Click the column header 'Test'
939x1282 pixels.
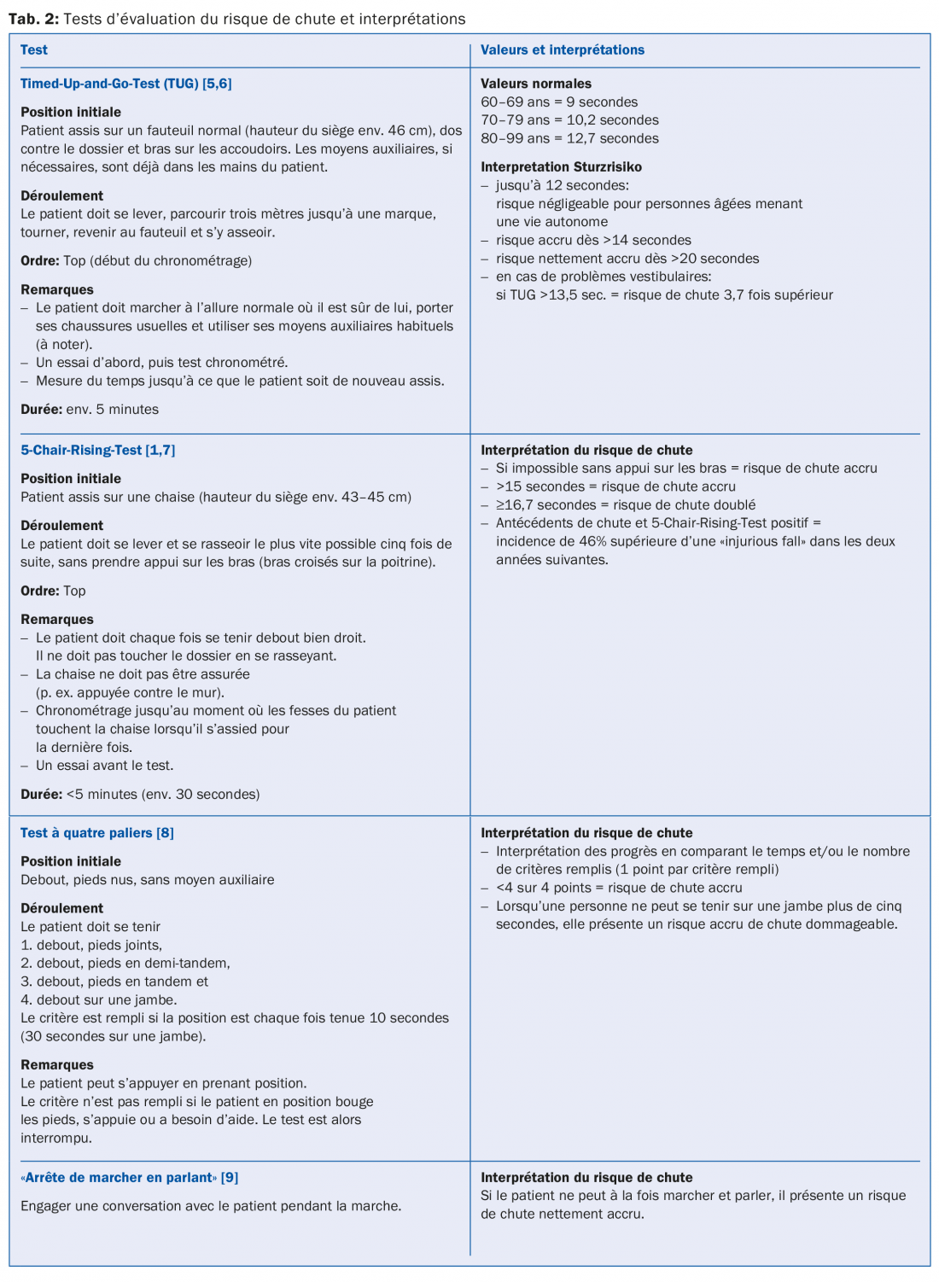click(34, 50)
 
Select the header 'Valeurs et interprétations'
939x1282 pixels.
click(562, 50)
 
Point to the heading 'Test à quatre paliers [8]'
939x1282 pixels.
click(97, 833)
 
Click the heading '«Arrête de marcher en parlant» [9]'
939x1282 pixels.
click(129, 1178)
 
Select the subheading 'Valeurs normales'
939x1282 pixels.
click(535, 84)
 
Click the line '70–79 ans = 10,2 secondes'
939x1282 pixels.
click(569, 120)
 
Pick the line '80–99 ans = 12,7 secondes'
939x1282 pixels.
click(569, 138)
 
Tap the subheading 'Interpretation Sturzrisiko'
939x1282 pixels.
click(561, 167)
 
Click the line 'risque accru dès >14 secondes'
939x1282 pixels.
click(593, 241)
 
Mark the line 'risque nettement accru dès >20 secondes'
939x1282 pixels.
click(627, 259)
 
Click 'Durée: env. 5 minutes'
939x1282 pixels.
click(90, 410)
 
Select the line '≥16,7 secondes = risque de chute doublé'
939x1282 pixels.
click(626, 505)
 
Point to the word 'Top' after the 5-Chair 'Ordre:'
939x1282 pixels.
click(74, 591)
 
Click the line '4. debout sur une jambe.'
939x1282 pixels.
click(98, 1000)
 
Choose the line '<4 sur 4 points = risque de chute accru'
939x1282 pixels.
click(619, 888)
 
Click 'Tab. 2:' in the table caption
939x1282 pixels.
click(33, 19)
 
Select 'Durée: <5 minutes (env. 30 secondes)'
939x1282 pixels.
click(140, 795)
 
